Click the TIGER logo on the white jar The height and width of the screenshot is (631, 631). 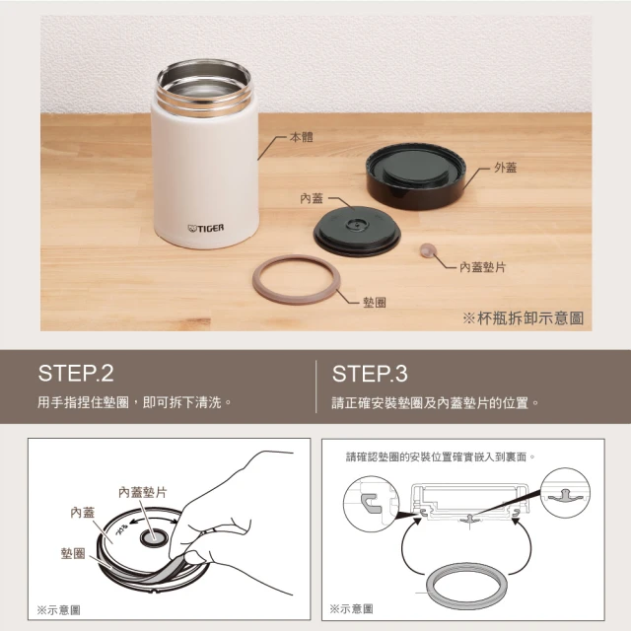(x=206, y=228)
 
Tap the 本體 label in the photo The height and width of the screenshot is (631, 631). (x=301, y=137)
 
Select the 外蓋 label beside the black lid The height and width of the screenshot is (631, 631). (x=505, y=167)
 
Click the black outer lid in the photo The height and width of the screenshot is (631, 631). (x=416, y=175)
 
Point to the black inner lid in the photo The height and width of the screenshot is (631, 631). (x=357, y=232)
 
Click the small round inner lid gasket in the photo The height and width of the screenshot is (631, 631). (x=428, y=249)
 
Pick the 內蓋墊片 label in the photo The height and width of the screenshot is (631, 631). (x=482, y=267)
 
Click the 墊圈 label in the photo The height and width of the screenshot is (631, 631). (x=375, y=303)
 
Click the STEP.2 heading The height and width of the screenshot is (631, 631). (x=76, y=373)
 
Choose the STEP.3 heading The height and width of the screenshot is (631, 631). (x=370, y=374)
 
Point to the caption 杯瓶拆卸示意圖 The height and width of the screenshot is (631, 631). (x=530, y=318)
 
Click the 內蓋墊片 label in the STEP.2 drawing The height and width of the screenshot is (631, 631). (x=142, y=492)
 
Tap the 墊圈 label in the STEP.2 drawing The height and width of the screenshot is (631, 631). (x=73, y=553)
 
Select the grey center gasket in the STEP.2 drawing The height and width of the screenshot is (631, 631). (x=153, y=538)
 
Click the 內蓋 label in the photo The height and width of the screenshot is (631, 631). (x=312, y=198)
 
